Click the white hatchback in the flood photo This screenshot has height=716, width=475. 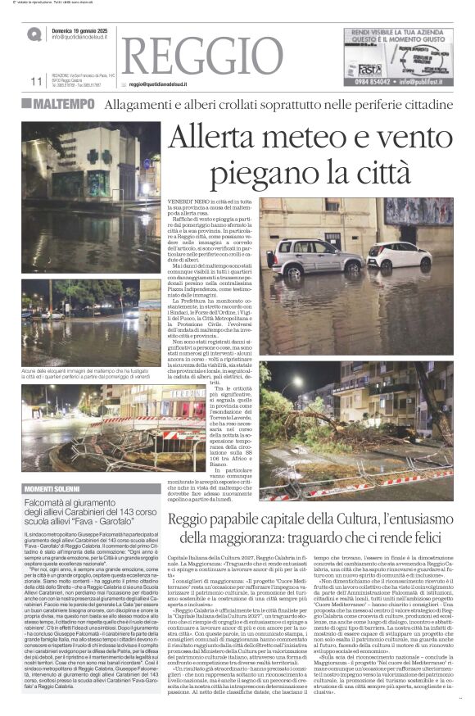click(x=398, y=256)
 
